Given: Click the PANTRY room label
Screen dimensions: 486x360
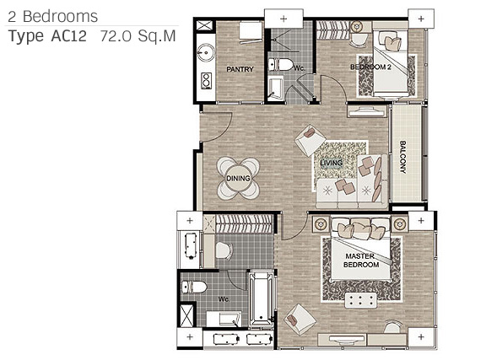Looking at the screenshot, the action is [x=240, y=69].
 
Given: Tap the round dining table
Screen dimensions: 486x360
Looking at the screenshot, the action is [x=238, y=179].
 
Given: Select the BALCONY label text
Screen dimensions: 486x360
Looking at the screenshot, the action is [x=402, y=157].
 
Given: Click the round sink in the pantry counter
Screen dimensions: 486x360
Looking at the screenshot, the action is [x=206, y=53].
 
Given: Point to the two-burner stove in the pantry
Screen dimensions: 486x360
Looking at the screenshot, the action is [x=206, y=80].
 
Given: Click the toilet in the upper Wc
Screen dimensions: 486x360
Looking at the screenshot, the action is [x=280, y=65].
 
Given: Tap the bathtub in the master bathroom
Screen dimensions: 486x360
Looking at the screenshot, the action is [x=262, y=298].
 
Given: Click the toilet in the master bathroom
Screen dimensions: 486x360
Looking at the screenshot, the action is [x=194, y=287].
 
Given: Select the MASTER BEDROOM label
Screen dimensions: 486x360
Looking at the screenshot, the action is [x=361, y=261].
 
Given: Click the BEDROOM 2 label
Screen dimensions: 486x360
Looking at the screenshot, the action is [x=370, y=67].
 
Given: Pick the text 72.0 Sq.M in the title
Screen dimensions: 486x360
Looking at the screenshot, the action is [x=138, y=36].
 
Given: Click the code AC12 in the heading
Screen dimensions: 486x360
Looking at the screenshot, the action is [x=69, y=36].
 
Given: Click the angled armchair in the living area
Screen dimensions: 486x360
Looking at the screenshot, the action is [x=310, y=140].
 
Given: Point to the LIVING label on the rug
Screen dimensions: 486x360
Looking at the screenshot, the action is [x=332, y=163].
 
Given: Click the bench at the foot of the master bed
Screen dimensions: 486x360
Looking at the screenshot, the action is [x=361, y=300].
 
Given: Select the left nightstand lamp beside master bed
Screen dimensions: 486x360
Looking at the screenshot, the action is [x=320, y=223].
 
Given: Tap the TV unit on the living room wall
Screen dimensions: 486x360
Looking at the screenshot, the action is [x=368, y=111].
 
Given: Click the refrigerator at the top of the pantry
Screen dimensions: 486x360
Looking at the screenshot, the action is [x=251, y=32].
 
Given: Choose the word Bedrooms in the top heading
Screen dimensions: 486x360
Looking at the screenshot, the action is [x=61, y=16].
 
